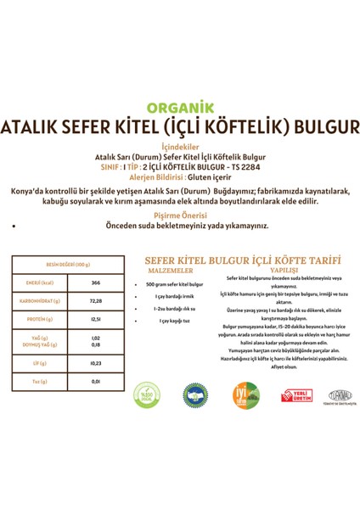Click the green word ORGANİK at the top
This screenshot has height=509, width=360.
click(180, 108)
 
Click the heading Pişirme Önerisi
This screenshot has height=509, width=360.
click(180, 215)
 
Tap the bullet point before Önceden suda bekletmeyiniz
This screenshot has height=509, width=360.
click(16, 227)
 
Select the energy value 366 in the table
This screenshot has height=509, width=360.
click(96, 282)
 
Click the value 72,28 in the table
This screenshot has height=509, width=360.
click(96, 302)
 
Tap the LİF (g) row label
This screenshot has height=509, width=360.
click(37, 363)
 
